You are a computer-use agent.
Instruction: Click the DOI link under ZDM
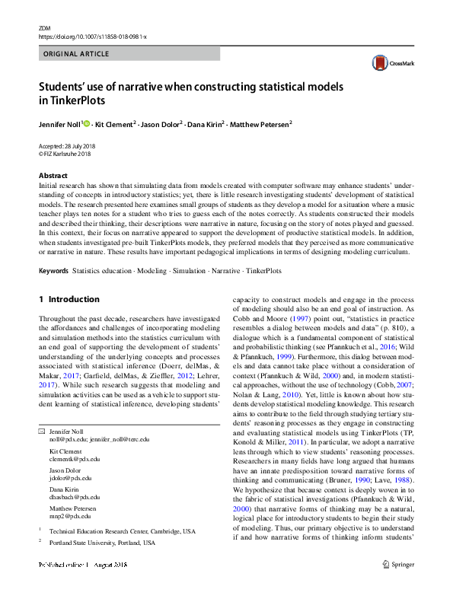tap(92, 37)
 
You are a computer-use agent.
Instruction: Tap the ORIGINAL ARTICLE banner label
tap(76, 54)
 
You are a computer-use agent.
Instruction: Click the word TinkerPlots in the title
tap(74, 100)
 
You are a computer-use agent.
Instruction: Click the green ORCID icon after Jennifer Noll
tap(86, 123)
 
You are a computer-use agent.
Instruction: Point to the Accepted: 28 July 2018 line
tap(69, 145)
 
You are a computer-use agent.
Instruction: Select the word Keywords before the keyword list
tap(53, 271)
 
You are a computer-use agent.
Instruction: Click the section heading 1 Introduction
tap(69, 300)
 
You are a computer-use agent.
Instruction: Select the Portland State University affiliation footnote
tap(102, 543)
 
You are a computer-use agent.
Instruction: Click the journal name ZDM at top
tap(43, 27)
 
